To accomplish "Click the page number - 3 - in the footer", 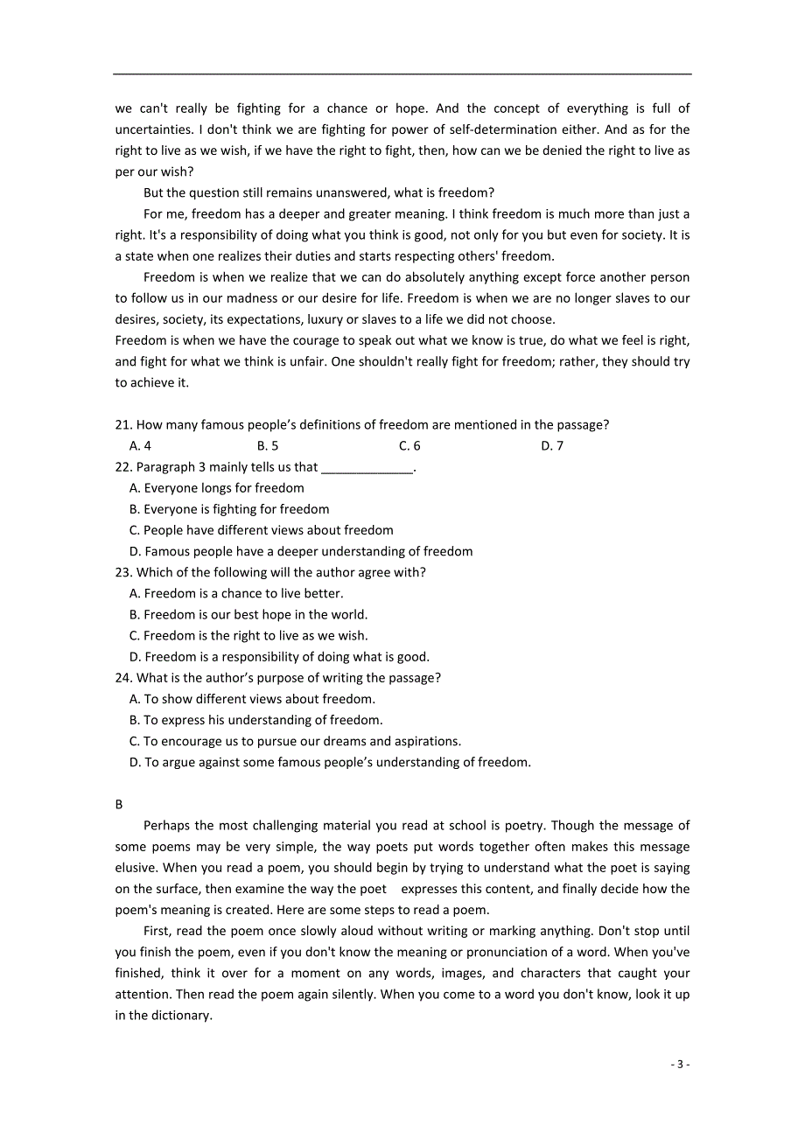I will pos(680,1064).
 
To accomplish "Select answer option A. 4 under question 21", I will pos(140,446).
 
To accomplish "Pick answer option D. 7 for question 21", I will pos(551,446).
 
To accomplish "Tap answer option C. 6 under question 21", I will pos(409,446).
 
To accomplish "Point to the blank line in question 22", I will pos(367,469).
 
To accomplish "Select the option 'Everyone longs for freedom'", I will pos(223,488).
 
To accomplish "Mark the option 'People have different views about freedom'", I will pos(268,530).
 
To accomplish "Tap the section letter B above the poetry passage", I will pos(119,804).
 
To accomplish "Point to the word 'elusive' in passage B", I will pos(136,868).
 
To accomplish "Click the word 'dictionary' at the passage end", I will pos(179,1016).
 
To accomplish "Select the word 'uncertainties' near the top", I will pos(153,129).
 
